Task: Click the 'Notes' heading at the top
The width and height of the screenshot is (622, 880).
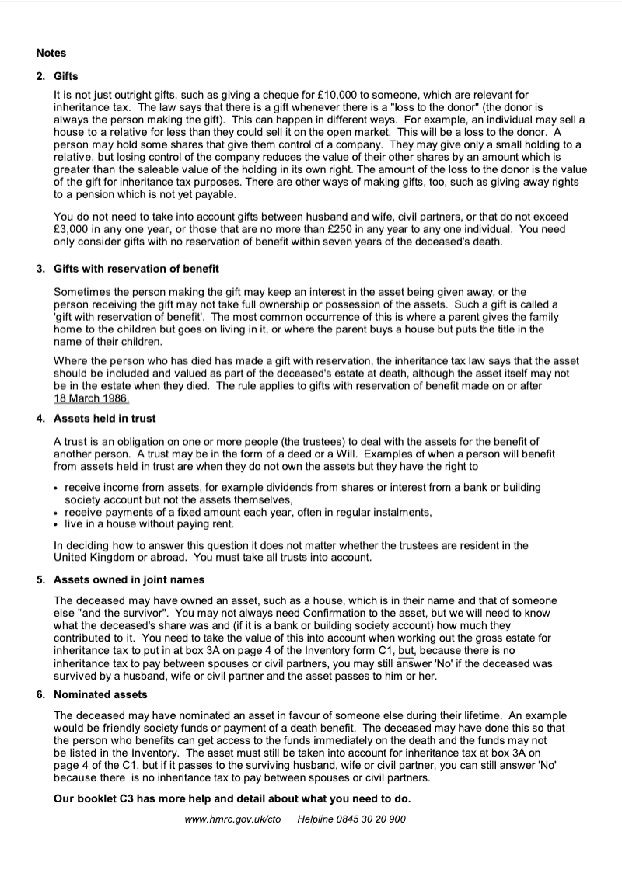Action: click(51, 53)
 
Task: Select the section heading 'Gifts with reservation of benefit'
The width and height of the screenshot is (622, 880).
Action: click(136, 269)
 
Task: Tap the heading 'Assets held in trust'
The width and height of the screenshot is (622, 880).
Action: click(104, 418)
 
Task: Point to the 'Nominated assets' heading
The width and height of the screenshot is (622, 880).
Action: click(100, 694)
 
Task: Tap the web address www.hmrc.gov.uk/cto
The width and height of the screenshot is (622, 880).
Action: click(232, 819)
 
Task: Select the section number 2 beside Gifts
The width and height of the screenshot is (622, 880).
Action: click(40, 76)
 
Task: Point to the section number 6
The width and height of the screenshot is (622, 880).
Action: click(40, 694)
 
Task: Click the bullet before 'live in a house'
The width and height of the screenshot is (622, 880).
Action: click(57, 525)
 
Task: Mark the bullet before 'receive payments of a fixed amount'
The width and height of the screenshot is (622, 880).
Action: click(57, 513)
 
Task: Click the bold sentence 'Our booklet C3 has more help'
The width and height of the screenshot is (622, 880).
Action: click(232, 799)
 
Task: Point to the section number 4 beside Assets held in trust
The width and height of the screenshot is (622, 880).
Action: click(40, 418)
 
